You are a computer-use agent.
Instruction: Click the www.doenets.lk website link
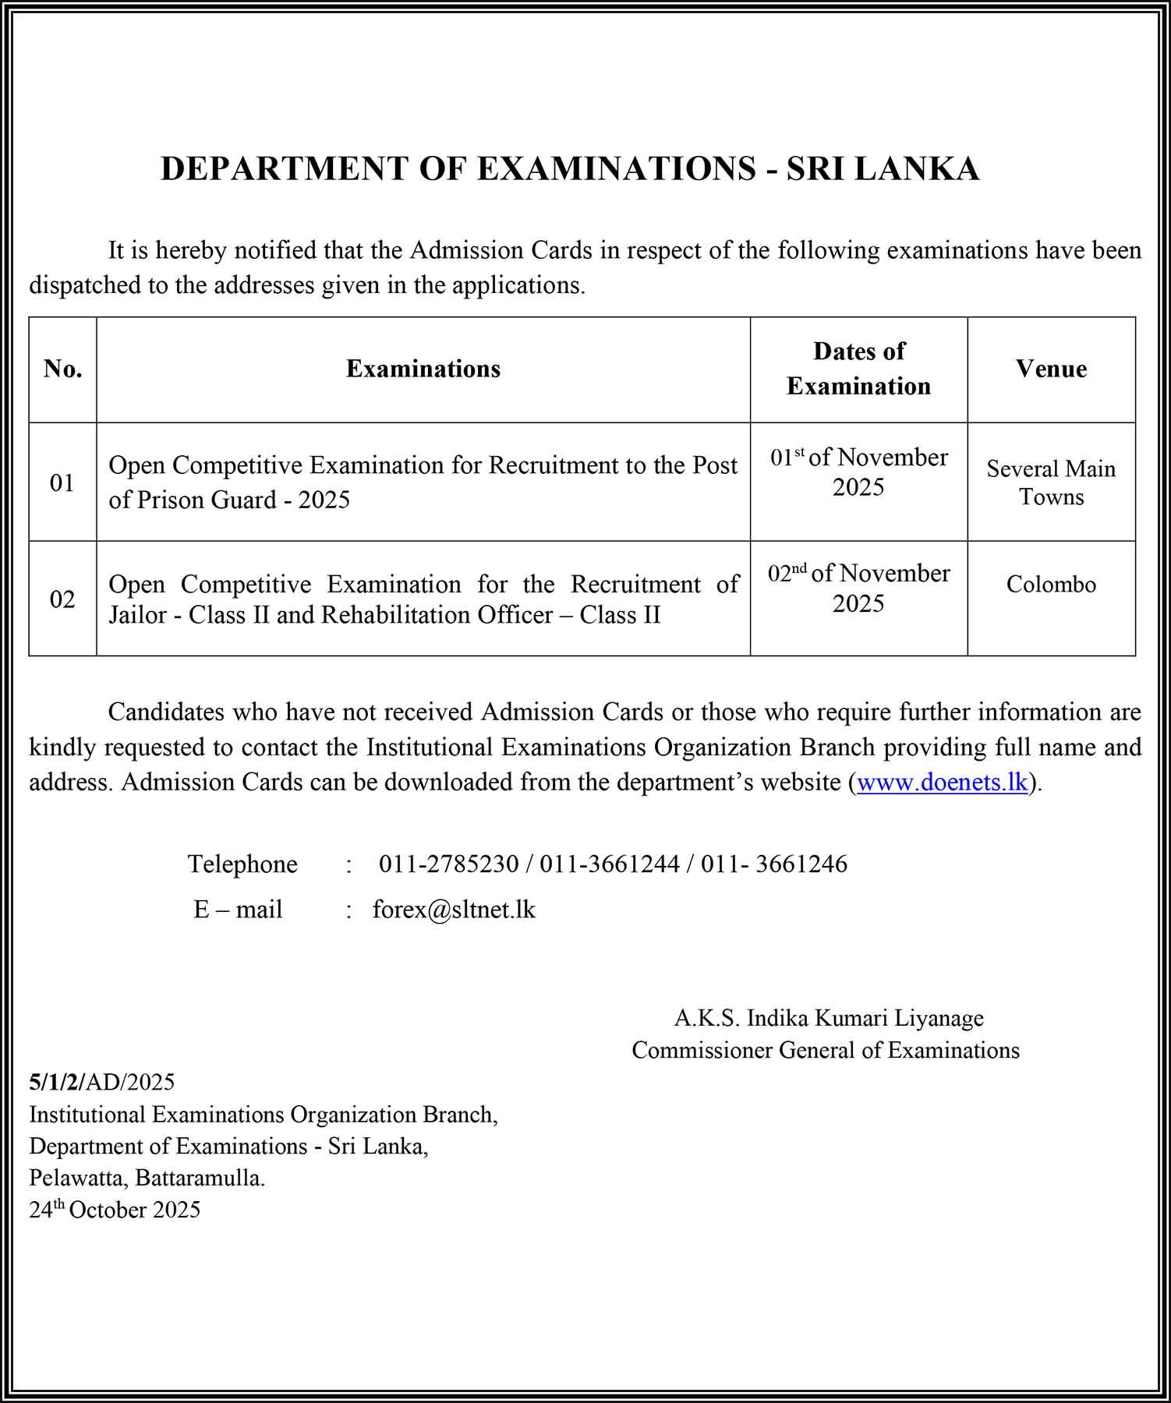[x=942, y=782]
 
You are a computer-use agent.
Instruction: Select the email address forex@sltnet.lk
[x=454, y=910]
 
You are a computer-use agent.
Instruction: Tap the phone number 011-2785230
[x=448, y=864]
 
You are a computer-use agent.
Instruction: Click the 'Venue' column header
[x=1051, y=369]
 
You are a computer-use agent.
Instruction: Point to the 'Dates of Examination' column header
[x=858, y=369]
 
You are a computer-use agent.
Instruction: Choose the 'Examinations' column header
[x=423, y=369]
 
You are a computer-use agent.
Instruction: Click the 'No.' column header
[x=63, y=369]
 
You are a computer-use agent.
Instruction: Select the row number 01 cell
[x=62, y=482]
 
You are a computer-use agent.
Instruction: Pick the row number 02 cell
[x=62, y=599]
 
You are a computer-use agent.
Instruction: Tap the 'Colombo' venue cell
[x=1051, y=585]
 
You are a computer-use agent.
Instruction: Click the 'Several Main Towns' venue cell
[x=1051, y=482]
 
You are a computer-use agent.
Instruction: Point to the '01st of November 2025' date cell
[x=858, y=472]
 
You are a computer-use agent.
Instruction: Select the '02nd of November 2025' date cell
[x=858, y=588]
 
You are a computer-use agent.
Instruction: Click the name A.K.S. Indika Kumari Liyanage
[x=829, y=1018]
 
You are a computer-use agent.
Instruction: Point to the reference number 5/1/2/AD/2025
[x=101, y=1082]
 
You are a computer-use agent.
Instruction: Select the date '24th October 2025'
[x=115, y=1210]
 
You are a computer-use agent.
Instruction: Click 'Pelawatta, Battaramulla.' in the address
[x=147, y=1178]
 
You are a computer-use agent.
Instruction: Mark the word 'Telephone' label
[x=242, y=864]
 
